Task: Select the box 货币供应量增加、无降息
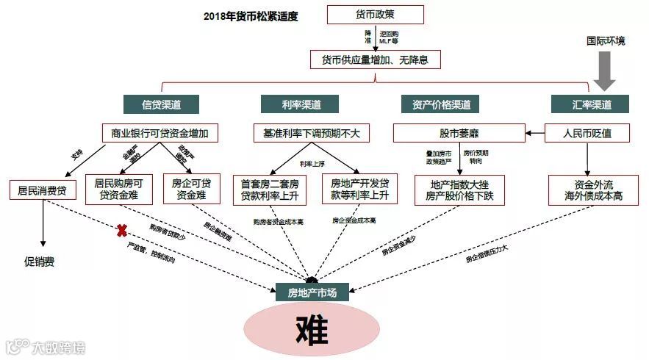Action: pyautogui.click(x=375, y=60)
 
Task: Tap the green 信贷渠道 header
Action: pyautogui.click(x=160, y=104)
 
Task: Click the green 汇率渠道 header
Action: pyautogui.click(x=590, y=104)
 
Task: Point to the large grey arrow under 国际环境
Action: pyautogui.click(x=606, y=73)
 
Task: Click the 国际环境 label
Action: pyautogui.click(x=606, y=41)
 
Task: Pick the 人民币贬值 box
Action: pyautogui.click(x=586, y=134)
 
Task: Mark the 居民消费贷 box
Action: pyautogui.click(x=43, y=190)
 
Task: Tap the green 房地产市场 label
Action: pyautogui.click(x=312, y=292)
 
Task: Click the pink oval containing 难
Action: pyautogui.click(x=310, y=328)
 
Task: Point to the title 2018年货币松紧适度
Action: pyautogui.click(x=251, y=15)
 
